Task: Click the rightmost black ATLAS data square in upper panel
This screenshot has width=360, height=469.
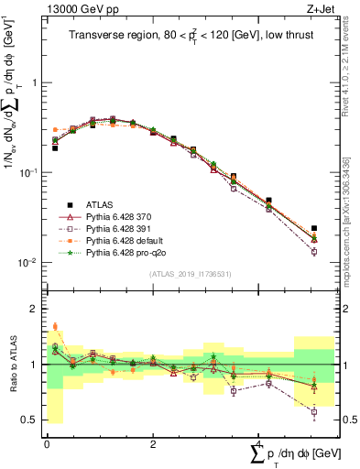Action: coord(314,228)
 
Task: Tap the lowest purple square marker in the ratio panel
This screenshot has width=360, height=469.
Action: coord(314,412)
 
